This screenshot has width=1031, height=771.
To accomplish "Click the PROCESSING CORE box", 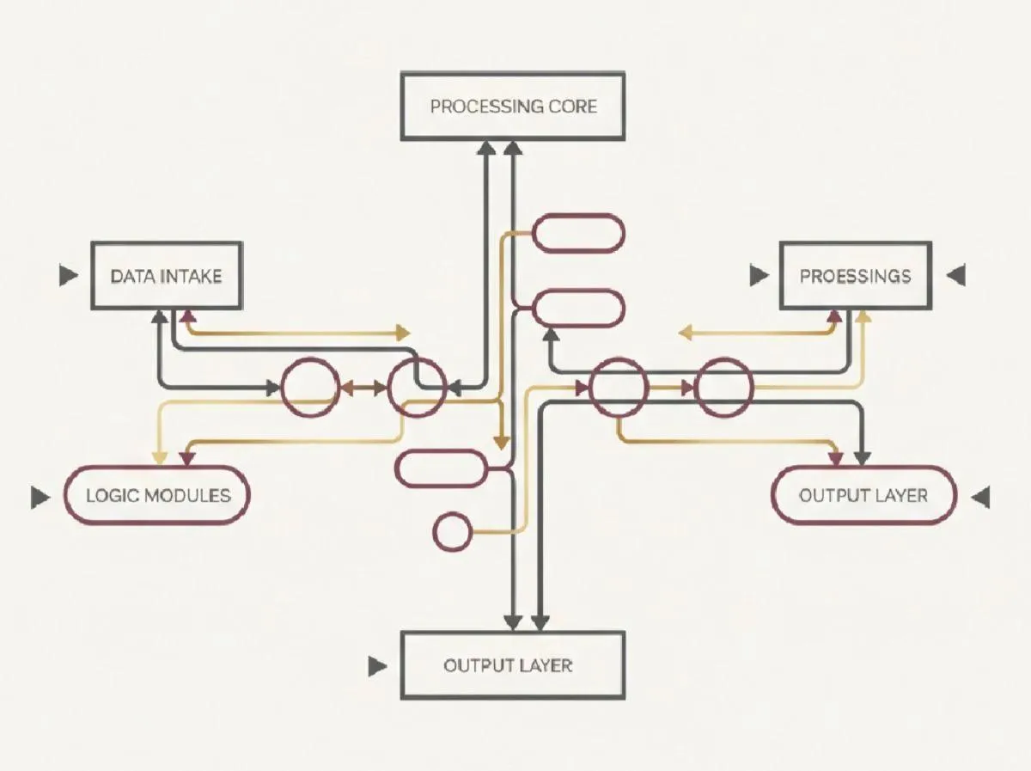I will [513, 107].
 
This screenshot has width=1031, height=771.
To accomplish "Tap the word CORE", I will [571, 107].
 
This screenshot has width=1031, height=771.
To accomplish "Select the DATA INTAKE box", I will [167, 276].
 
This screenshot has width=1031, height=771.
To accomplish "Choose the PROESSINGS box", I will [855, 276].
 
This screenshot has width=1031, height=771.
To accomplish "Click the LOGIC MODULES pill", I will [158, 495].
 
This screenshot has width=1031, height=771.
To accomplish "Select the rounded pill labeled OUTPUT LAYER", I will [863, 495].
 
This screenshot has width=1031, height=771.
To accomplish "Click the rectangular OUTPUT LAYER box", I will [513, 665].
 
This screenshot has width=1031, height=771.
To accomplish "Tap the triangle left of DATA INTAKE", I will [68, 276].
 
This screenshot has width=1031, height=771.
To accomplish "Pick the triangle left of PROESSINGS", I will [759, 276].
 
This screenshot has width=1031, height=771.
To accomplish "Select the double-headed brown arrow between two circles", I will [363, 389].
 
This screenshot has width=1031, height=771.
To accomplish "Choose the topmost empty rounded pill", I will [579, 233].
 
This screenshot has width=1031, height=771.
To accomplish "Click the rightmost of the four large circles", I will [723, 389].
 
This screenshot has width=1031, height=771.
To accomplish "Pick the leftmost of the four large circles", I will [310, 389].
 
